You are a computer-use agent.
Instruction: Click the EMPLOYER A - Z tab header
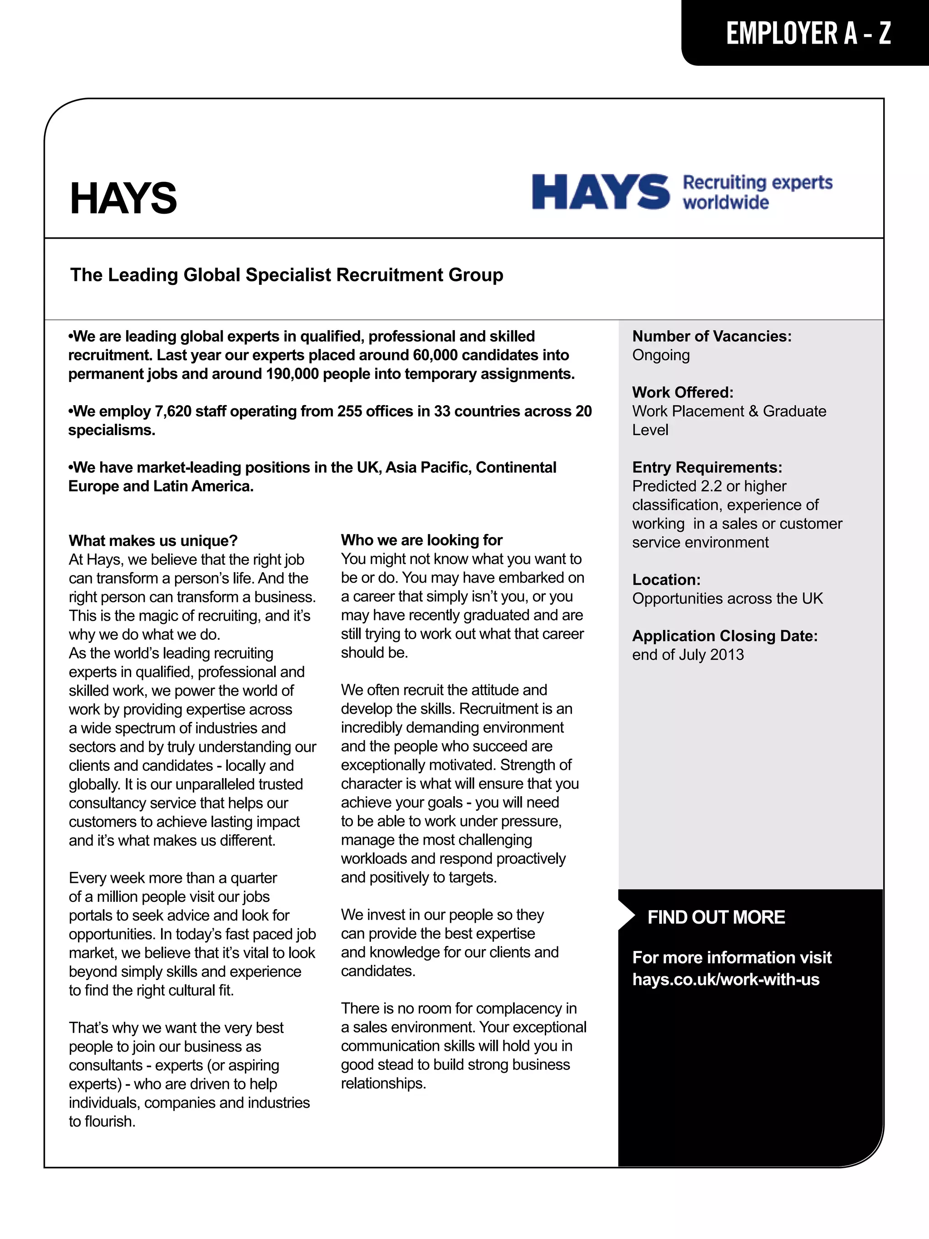pos(808,33)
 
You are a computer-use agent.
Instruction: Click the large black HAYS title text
pos(123,198)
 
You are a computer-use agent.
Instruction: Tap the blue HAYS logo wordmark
pos(600,191)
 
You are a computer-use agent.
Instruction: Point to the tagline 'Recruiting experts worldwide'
pos(757,191)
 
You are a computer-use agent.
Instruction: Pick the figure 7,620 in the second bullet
pos(174,411)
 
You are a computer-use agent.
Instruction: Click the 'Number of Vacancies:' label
pos(712,337)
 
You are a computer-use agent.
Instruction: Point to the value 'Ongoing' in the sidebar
pos(661,356)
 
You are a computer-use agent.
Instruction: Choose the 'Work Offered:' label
pos(683,392)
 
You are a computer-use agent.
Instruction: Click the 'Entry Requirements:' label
pos(707,468)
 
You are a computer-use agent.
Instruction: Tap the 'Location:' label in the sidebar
pos(666,580)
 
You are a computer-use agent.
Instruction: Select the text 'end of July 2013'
pos(688,655)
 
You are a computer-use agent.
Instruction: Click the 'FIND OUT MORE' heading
pos(716,917)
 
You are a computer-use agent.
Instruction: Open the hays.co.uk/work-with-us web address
pos(726,979)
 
